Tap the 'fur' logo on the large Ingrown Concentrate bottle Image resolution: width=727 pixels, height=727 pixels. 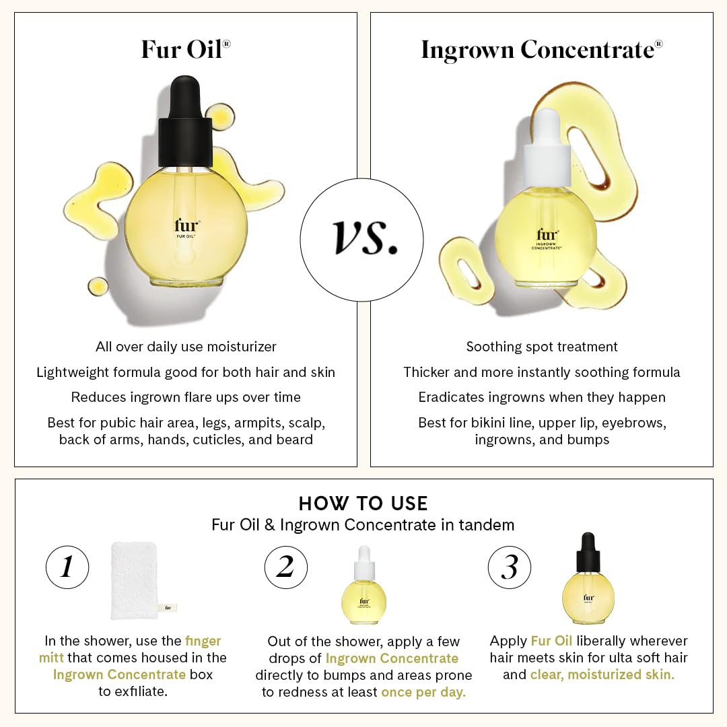tap(546, 234)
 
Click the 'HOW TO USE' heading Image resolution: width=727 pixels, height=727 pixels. tap(363, 504)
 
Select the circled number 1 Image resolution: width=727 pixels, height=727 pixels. tap(67, 567)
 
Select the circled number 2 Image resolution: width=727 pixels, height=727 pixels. tap(286, 567)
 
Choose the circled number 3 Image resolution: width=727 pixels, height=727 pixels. tap(510, 567)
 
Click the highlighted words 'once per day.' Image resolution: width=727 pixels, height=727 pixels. tap(423, 692)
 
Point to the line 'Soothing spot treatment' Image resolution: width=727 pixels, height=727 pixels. tap(541, 347)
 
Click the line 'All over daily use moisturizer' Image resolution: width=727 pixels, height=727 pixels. tap(186, 347)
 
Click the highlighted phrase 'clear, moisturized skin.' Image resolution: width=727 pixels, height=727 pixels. tap(602, 674)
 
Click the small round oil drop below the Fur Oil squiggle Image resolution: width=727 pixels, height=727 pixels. tap(98, 287)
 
